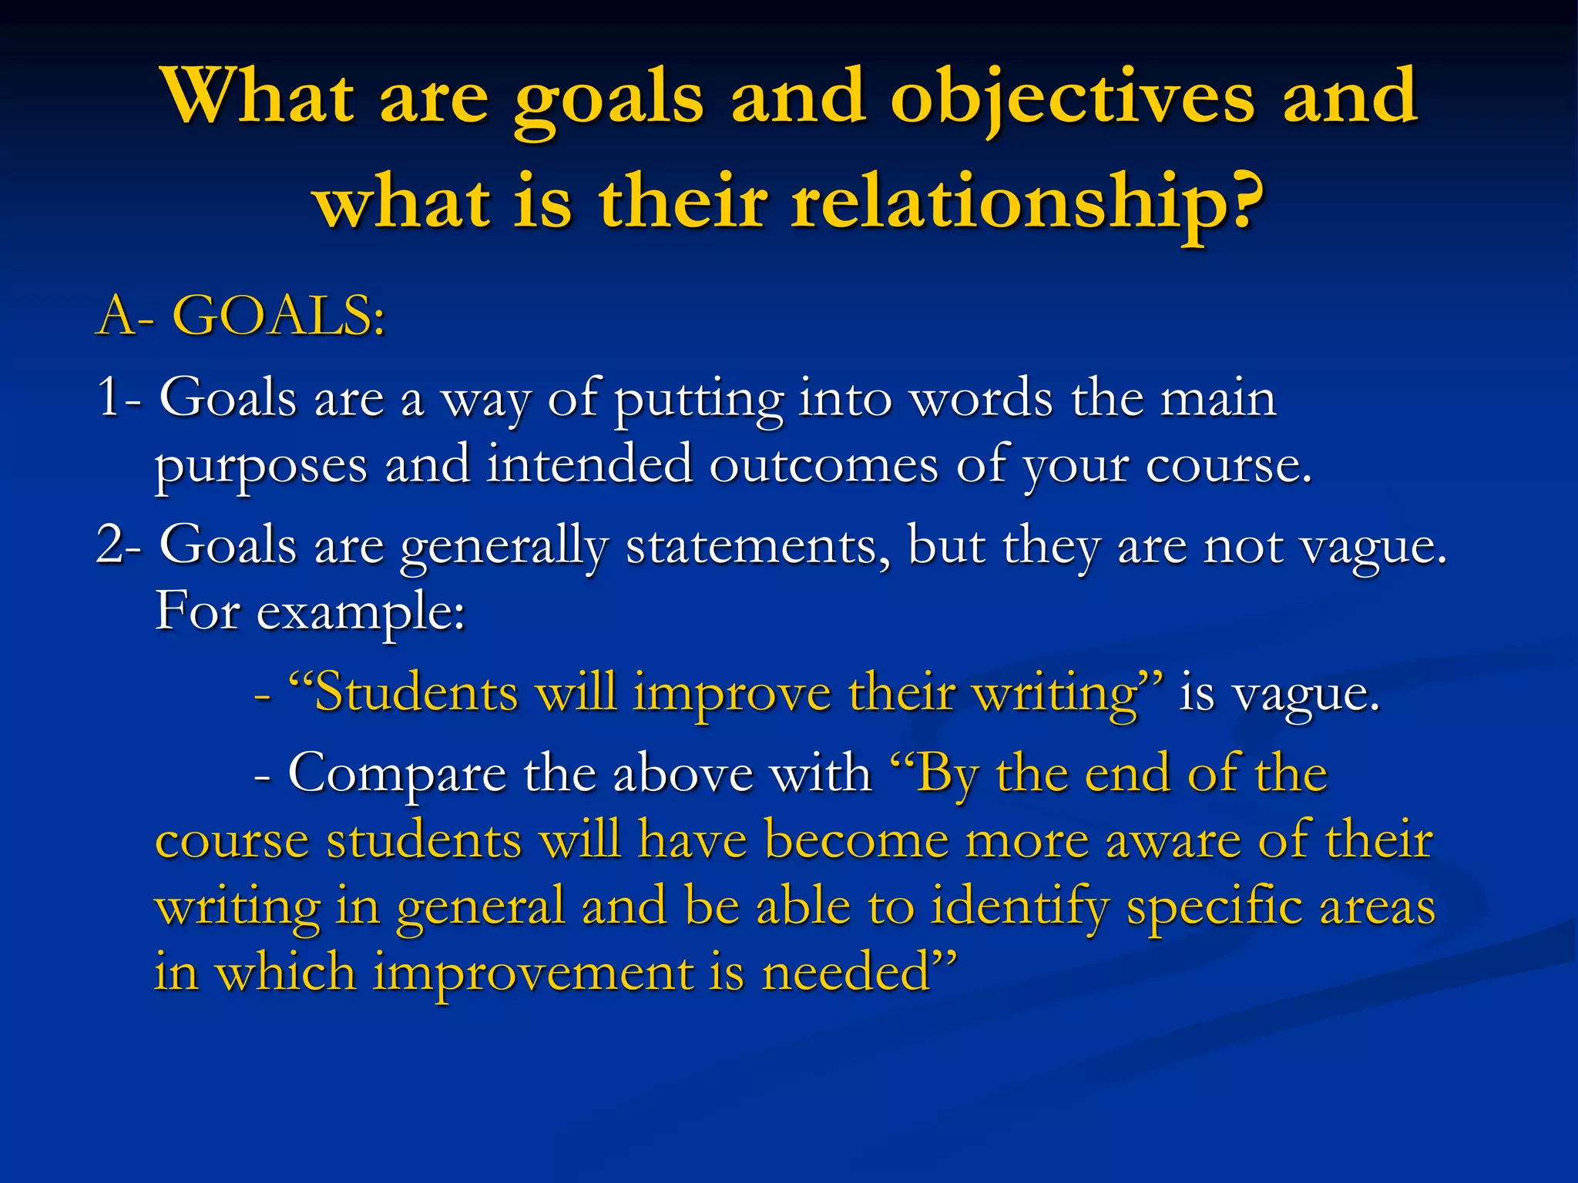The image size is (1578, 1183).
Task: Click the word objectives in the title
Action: click(1072, 98)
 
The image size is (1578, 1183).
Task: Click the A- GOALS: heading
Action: click(240, 317)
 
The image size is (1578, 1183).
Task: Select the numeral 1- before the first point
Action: click(119, 398)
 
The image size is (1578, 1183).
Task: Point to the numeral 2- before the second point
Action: click(119, 545)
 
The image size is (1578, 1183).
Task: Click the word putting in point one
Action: click(697, 400)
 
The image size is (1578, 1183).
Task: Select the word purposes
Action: click(260, 467)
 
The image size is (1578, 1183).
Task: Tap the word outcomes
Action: click(823, 465)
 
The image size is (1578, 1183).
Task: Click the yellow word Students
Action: click(416, 692)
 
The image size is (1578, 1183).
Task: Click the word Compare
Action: click(396, 774)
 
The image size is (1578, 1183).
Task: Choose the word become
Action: click(855, 839)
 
